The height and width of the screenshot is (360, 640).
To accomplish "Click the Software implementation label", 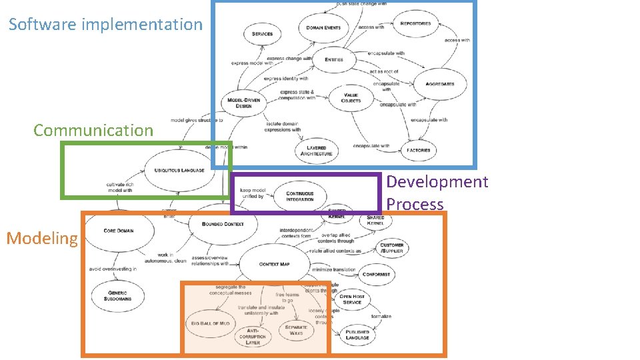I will [105, 25].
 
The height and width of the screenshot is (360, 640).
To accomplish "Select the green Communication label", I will [93, 130].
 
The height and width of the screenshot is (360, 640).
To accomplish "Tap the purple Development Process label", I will [437, 193].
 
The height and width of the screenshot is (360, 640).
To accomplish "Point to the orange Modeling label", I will [42, 238].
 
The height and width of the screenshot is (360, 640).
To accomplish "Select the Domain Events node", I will [324, 28].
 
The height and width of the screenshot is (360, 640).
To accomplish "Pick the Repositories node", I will [415, 23].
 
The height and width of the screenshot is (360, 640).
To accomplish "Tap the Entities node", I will [334, 59].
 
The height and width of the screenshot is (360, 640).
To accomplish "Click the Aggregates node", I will [439, 84].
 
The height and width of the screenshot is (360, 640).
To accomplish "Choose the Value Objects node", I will [351, 98].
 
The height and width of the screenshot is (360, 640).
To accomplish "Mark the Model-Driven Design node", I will [244, 103].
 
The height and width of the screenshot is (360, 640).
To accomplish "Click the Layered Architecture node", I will [316, 151].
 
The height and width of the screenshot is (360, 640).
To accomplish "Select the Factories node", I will [418, 150].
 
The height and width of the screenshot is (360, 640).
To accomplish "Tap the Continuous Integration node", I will [300, 196].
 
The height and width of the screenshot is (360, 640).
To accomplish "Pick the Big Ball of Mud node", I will [210, 323].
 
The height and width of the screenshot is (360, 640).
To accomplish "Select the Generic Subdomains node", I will [117, 295].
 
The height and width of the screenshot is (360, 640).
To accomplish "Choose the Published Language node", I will [357, 335].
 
